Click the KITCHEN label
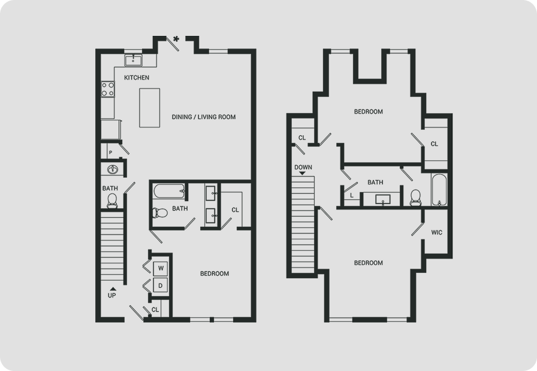point(137,78)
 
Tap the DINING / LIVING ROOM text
point(204,117)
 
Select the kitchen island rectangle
point(149,108)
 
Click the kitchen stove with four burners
point(107,89)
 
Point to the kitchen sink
point(134,60)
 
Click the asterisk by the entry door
point(176,39)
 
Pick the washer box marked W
point(161,269)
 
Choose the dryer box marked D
point(161,285)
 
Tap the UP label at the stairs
point(112,296)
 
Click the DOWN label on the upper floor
point(303,167)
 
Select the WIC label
point(437,233)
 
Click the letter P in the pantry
point(110,153)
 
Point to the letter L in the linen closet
point(352,196)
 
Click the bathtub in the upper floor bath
point(439,190)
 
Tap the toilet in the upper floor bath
point(416,198)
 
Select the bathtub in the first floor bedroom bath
point(169,191)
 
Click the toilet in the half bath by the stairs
point(112,200)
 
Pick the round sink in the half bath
point(112,169)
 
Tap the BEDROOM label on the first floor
point(215,273)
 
